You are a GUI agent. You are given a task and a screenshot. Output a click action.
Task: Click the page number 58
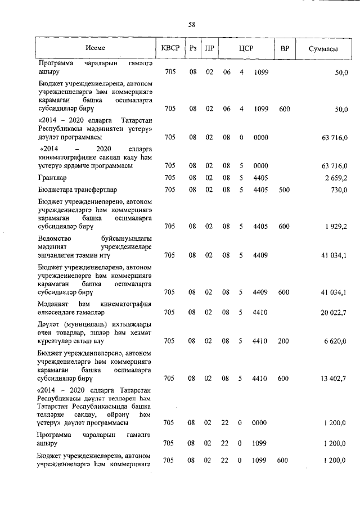[x=192, y=24]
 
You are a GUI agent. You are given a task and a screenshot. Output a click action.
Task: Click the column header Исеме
[x=96, y=49]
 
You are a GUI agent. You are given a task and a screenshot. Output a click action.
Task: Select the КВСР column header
[x=170, y=49]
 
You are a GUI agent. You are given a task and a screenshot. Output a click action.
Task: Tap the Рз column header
[x=192, y=49]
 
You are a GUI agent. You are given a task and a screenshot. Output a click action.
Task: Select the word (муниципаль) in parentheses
[x=84, y=324]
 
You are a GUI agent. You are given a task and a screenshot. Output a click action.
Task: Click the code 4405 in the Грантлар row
[x=260, y=178]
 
